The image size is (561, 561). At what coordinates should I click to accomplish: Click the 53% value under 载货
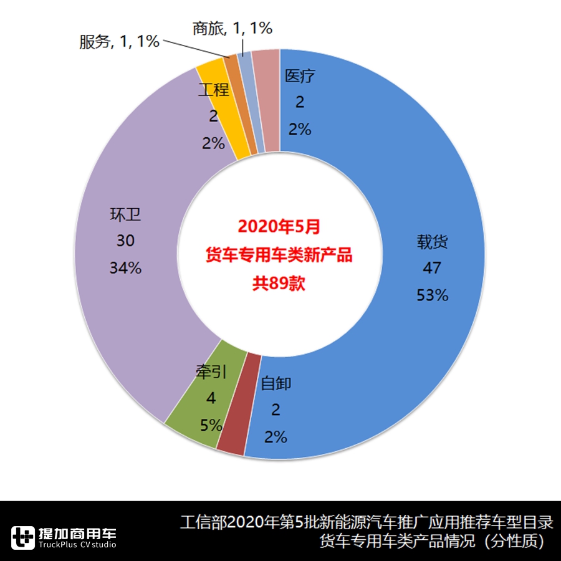pyautogui.click(x=432, y=295)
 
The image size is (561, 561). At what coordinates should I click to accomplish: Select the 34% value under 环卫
pyautogui.click(x=125, y=268)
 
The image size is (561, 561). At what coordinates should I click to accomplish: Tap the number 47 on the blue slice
pyautogui.click(x=431, y=269)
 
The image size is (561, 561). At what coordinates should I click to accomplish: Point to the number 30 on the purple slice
pyautogui.click(x=125, y=241)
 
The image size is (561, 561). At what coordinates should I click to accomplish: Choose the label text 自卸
pyautogui.click(x=276, y=383)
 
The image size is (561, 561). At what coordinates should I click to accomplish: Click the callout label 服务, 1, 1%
pyautogui.click(x=119, y=42)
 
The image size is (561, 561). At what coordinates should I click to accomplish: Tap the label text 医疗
pyautogui.click(x=300, y=77)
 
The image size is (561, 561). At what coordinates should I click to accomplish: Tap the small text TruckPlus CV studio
pyautogui.click(x=77, y=545)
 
